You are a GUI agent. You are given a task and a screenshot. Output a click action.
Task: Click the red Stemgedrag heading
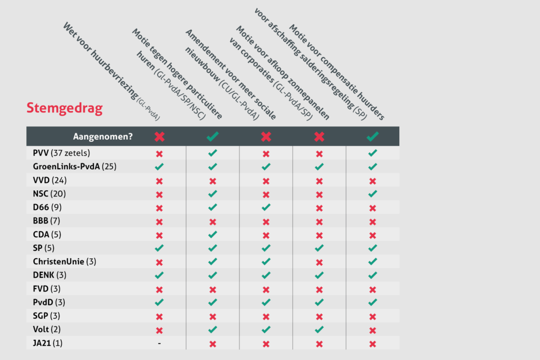(x=64, y=109)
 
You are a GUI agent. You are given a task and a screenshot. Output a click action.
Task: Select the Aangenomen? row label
(x=103, y=137)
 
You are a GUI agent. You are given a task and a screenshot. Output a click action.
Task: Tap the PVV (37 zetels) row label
(x=62, y=153)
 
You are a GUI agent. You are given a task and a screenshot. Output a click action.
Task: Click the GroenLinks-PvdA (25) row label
(x=74, y=167)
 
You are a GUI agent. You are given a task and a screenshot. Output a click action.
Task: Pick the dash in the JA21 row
(x=159, y=343)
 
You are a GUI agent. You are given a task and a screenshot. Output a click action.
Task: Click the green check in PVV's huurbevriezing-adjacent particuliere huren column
(x=213, y=153)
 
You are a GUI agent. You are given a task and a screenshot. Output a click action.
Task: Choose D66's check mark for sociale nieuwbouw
(x=266, y=207)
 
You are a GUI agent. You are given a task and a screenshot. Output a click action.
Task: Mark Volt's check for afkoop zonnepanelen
(x=319, y=329)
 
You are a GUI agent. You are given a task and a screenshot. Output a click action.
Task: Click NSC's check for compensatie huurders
(x=372, y=193)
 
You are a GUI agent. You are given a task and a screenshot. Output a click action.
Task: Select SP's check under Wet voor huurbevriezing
(x=159, y=248)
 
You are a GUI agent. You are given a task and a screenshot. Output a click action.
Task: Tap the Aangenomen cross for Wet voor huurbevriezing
(x=159, y=137)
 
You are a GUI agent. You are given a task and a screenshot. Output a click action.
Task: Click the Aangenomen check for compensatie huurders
(x=372, y=137)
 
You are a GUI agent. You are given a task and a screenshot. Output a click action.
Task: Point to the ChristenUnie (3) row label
(x=64, y=261)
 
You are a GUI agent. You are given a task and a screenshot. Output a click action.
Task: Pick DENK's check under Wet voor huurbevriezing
(x=159, y=275)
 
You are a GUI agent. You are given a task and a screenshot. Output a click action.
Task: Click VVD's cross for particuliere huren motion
(x=213, y=180)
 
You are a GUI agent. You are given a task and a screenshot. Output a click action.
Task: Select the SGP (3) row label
(x=48, y=316)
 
